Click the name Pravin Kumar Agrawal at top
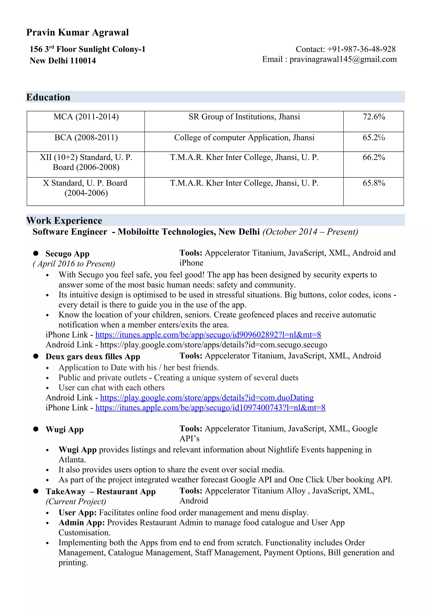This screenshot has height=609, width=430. (x=77, y=32)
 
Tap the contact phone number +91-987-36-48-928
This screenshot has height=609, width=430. (x=361, y=49)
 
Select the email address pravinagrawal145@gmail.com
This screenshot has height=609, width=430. (x=343, y=59)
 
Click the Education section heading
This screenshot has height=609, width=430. (x=48, y=97)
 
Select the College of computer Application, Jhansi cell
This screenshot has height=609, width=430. (x=244, y=138)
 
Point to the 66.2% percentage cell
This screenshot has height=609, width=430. (x=374, y=157)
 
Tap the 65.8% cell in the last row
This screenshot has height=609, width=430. (x=374, y=183)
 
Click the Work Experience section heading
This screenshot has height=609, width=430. (x=64, y=220)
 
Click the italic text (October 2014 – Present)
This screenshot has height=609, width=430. (x=310, y=232)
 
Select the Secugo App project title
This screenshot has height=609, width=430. (x=67, y=254)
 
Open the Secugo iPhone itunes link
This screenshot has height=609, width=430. (x=208, y=335)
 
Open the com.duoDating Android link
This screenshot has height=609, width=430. (x=207, y=398)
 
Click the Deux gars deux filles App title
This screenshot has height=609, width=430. (x=93, y=356)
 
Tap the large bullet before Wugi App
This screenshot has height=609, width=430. (x=36, y=429)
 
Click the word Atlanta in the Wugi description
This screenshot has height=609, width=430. (x=72, y=460)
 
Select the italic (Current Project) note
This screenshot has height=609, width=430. (x=76, y=502)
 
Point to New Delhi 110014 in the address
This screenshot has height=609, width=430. (x=63, y=61)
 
